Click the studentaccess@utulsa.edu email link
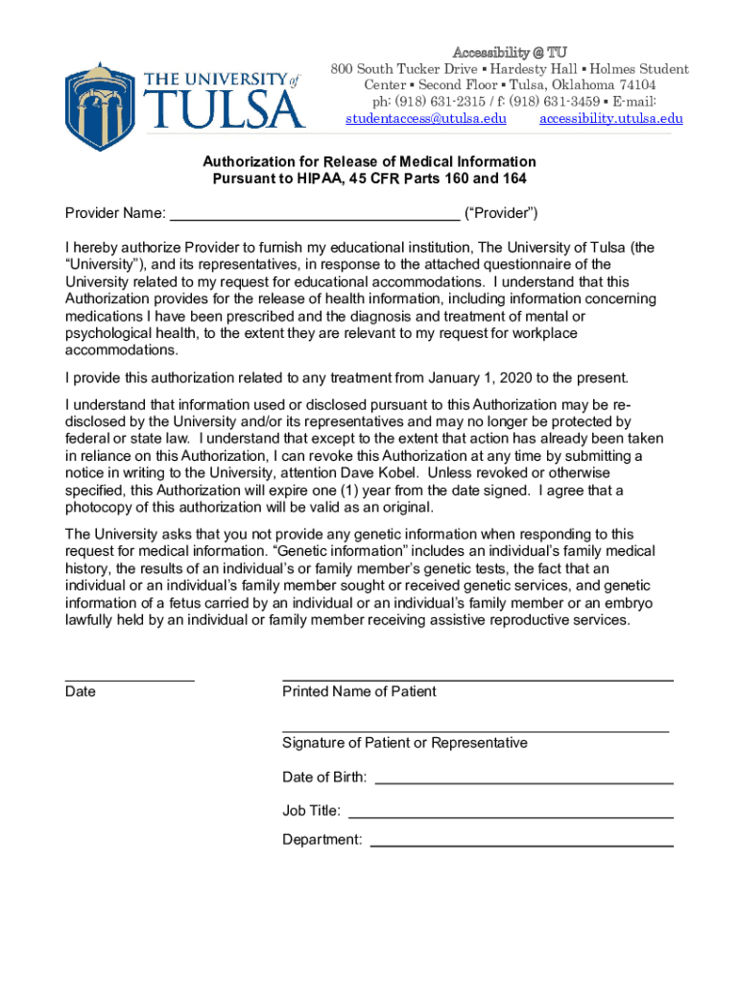[x=425, y=119]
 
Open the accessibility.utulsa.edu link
[x=610, y=119]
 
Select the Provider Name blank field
[x=315, y=213]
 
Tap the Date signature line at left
[x=130, y=679]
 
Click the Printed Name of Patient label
[x=359, y=692]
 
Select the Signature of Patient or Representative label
[x=404, y=743]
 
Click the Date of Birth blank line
[x=523, y=782]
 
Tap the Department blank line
[x=521, y=846]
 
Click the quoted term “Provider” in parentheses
[x=501, y=213]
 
